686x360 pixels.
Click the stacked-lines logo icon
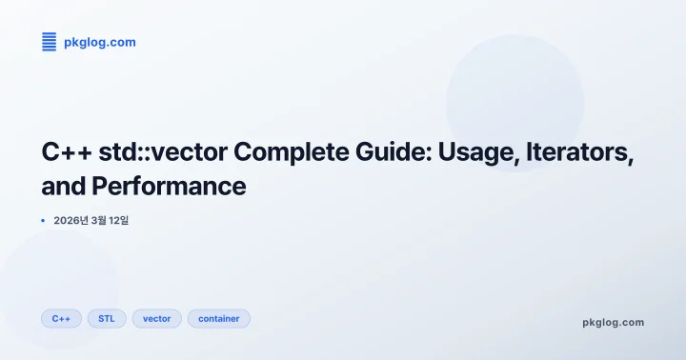50,42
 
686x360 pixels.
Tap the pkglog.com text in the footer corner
613,322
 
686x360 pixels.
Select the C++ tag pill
61,318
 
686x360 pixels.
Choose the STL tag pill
107,318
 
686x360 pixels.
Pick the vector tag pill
156,318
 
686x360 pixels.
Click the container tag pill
218,318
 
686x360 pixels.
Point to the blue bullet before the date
43,220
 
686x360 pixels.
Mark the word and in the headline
64,186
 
